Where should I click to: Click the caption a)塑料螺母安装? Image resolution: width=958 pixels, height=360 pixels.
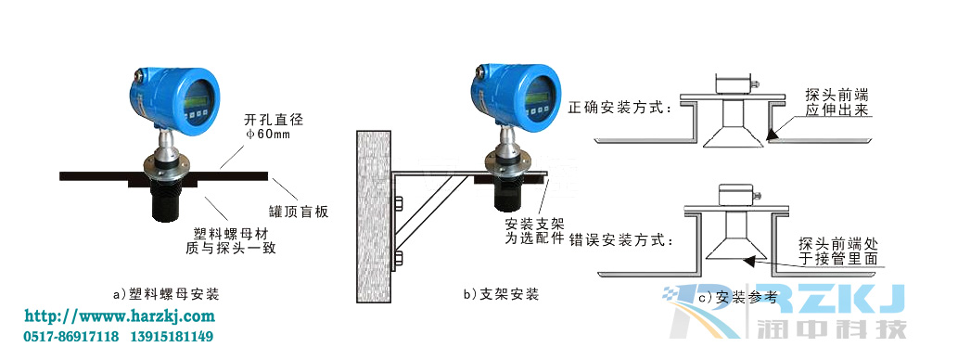coord(165,294)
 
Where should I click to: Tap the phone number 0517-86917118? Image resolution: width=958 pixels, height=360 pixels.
coord(70,336)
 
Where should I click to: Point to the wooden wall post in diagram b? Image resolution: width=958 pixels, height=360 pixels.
coord(375,215)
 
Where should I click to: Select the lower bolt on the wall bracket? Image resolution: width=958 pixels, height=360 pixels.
coord(400,257)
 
